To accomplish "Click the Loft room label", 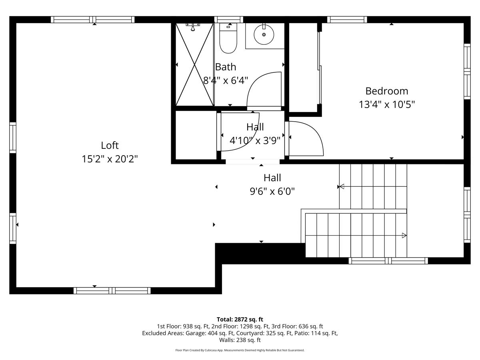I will coord(110,146).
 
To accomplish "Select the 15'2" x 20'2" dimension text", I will coord(110,159).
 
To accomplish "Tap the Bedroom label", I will coord(386,91).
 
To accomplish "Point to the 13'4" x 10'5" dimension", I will coord(386,104).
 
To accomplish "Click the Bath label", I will coord(226,67).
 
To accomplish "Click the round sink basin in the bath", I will coord(264,34).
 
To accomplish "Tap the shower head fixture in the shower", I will coord(193,26).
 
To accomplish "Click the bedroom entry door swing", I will coord(306,138).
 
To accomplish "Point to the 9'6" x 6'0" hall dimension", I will coord(272,191).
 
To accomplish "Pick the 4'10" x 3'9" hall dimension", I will coord(255,140).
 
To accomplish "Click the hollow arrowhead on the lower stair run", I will coord(404,235).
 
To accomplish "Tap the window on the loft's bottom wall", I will coord(112,290).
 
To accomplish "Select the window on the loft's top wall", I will coord(92,20).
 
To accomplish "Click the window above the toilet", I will coord(228,20).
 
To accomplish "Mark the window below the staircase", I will coord(388,261).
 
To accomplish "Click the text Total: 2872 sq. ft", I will coord(240,319).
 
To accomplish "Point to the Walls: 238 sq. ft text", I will coord(240,340).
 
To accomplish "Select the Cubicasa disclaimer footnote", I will coord(240,350).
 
